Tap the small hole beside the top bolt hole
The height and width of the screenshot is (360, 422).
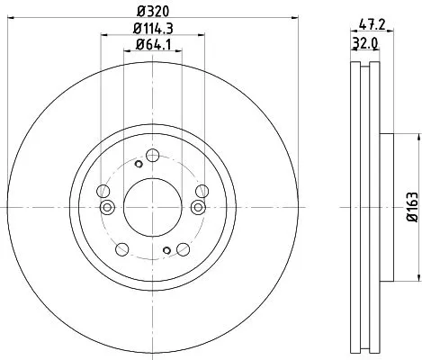[x=138, y=163]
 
